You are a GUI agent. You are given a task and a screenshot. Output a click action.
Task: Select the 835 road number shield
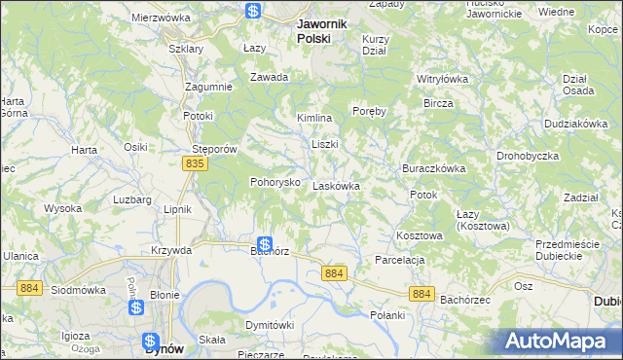click(195, 165)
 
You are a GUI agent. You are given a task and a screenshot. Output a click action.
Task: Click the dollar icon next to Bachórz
click(264, 244)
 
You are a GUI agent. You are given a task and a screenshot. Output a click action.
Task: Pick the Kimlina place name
click(314, 118)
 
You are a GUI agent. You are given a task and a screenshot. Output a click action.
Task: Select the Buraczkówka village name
click(433, 167)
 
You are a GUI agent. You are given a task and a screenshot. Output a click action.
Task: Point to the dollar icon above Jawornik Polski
click(253, 11)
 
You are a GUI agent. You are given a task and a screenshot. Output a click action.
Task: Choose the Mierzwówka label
click(160, 18)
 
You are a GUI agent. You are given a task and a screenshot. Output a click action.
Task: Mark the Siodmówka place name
click(77, 290)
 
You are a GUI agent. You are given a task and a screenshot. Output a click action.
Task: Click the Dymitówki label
click(270, 324)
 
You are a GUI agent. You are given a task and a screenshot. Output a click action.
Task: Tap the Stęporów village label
click(215, 150)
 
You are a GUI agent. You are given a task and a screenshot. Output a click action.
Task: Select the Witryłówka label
click(443, 79)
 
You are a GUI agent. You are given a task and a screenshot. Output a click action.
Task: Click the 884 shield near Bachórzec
click(421, 293)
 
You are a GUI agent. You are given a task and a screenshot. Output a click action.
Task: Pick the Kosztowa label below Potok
click(420, 235)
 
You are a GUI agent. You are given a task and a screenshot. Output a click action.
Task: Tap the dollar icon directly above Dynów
click(151, 342)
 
